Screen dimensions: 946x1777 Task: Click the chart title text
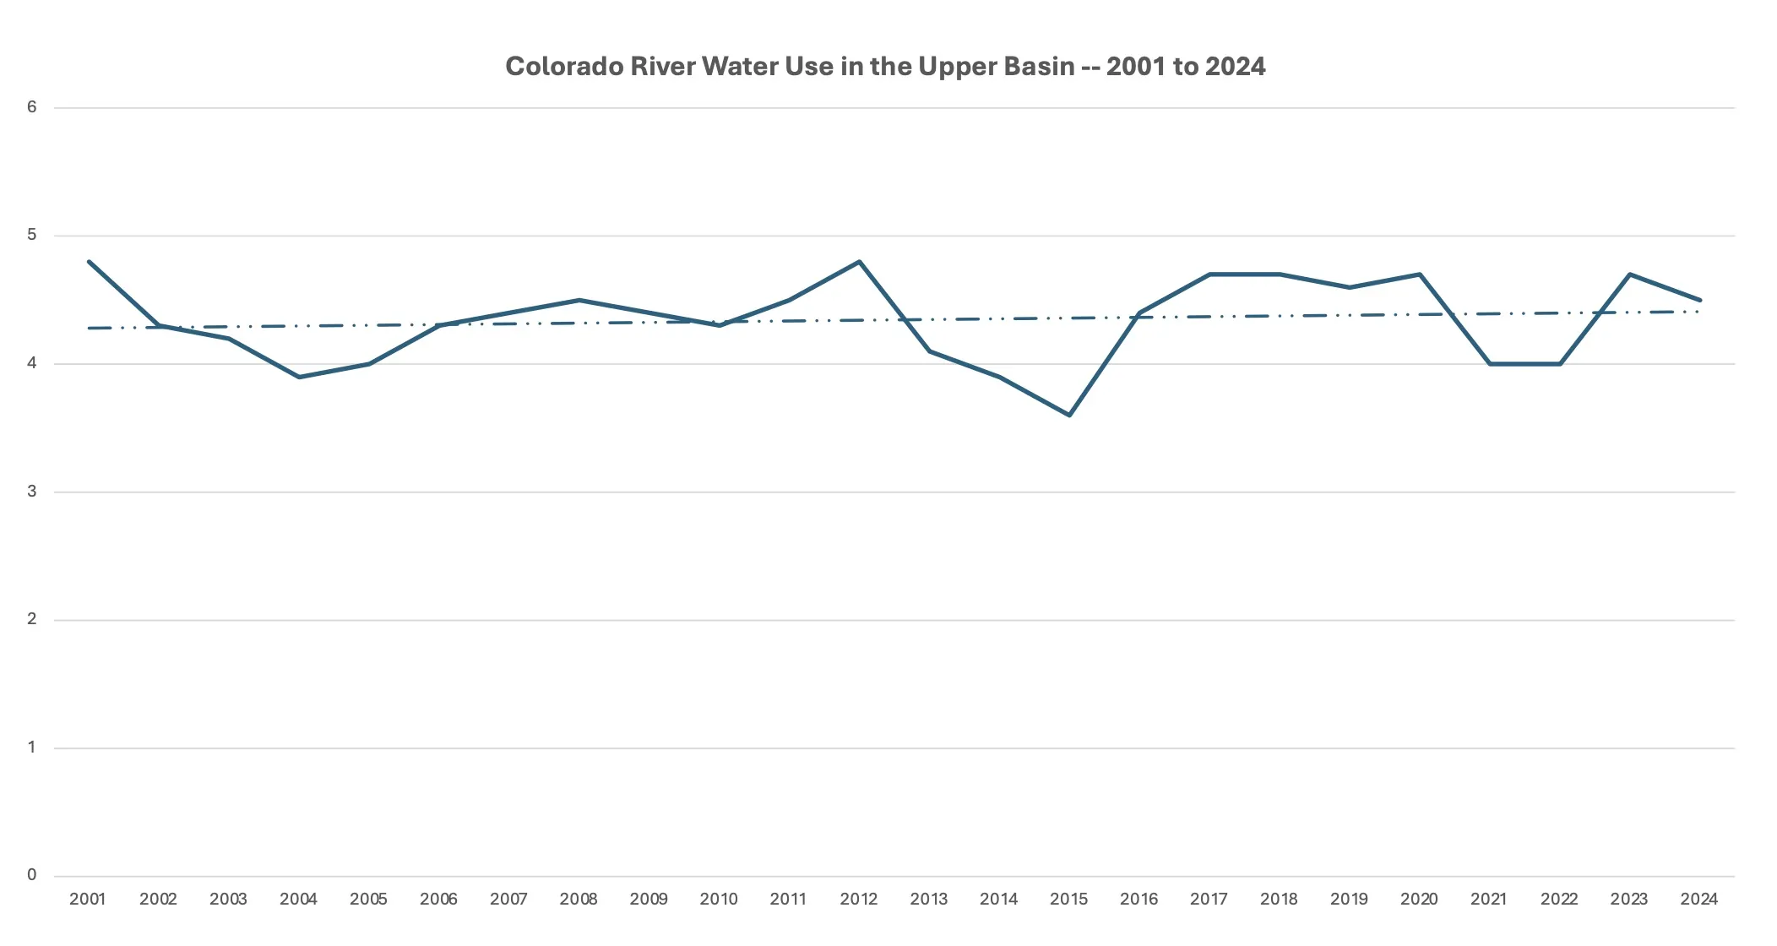pyautogui.click(x=885, y=67)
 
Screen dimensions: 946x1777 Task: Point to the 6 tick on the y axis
pyautogui.click(x=32, y=106)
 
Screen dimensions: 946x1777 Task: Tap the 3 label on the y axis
pyautogui.click(x=32, y=491)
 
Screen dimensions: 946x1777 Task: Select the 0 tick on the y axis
pyautogui.click(x=32, y=875)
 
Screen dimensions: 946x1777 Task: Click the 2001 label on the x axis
pyautogui.click(x=88, y=900)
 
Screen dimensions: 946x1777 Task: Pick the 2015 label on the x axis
pyautogui.click(x=1068, y=900)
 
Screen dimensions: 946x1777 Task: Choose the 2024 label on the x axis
pyautogui.click(x=1698, y=900)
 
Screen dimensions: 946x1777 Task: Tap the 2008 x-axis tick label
pyautogui.click(x=579, y=900)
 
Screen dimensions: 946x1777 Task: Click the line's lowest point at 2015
pyautogui.click(x=1069, y=415)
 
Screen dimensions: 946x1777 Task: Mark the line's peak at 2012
pyautogui.click(x=859, y=262)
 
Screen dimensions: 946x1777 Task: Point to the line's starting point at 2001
pyautogui.click(x=89, y=262)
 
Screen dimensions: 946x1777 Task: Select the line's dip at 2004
pyautogui.click(x=299, y=377)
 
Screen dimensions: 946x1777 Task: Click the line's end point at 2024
pyautogui.click(x=1699, y=300)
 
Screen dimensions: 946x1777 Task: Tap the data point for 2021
pyautogui.click(x=1489, y=364)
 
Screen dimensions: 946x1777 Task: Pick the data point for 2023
pyautogui.click(x=1629, y=275)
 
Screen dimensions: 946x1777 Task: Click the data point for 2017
pyautogui.click(x=1209, y=275)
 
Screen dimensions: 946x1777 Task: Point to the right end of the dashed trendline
pyautogui.click(x=1698, y=312)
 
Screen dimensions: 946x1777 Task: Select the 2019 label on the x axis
pyautogui.click(x=1349, y=900)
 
